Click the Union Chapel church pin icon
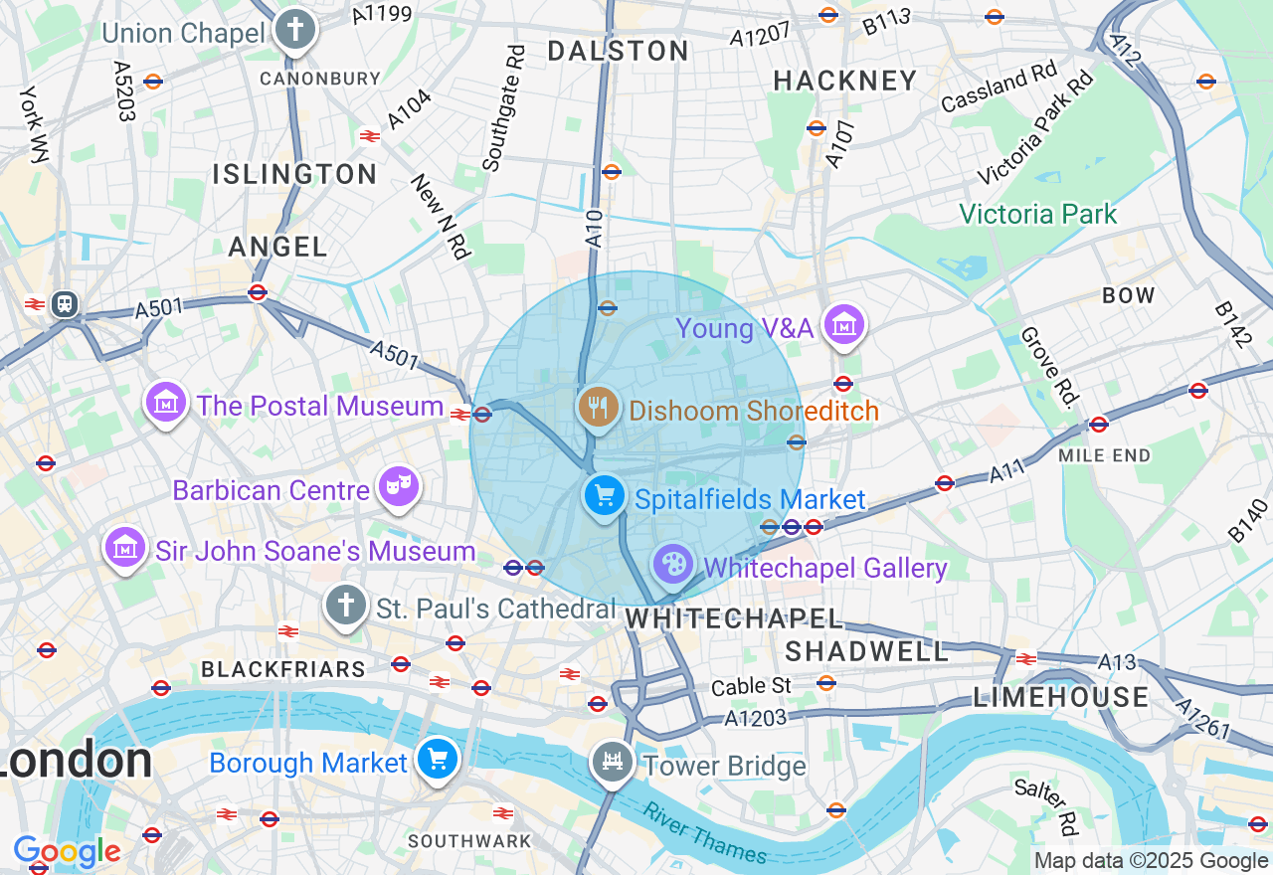[x=294, y=30]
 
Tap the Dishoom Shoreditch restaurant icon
[x=598, y=408]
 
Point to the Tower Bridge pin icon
[x=612, y=763]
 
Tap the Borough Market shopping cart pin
[x=437, y=760]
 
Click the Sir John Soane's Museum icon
[x=125, y=548]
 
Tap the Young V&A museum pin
[x=843, y=325]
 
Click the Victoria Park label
[x=1038, y=214]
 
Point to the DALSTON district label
[x=619, y=51]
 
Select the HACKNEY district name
[x=845, y=81]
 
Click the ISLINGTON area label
[x=294, y=174]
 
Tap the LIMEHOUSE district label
[x=1061, y=696]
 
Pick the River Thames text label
[x=705, y=833]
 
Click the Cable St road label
[x=752, y=686]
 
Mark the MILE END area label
[x=1105, y=455]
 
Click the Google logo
[x=67, y=852]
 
